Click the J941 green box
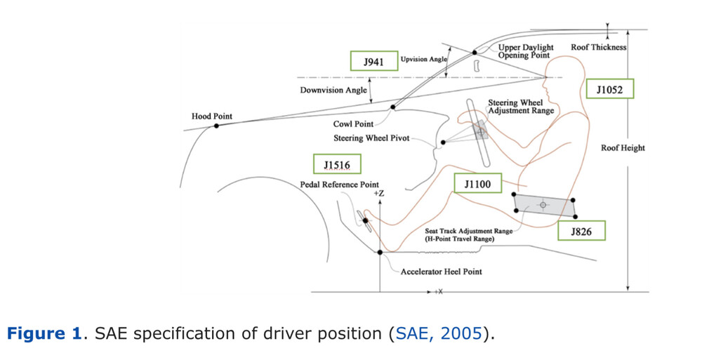[x=373, y=61]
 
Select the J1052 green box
[x=609, y=88]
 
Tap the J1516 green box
[x=337, y=166]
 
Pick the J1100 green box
[x=477, y=184]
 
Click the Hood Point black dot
[x=216, y=125]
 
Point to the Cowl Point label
[x=353, y=124]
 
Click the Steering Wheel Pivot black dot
[x=443, y=143]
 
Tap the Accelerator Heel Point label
[x=442, y=272]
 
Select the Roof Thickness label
[x=598, y=48]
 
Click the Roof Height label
[x=623, y=148]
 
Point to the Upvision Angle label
[x=423, y=60]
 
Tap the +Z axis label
[x=380, y=192]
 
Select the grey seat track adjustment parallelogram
[x=544, y=204]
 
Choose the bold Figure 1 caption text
[x=44, y=333]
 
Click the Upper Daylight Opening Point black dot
[x=475, y=52]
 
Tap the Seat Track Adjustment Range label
[x=469, y=230]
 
